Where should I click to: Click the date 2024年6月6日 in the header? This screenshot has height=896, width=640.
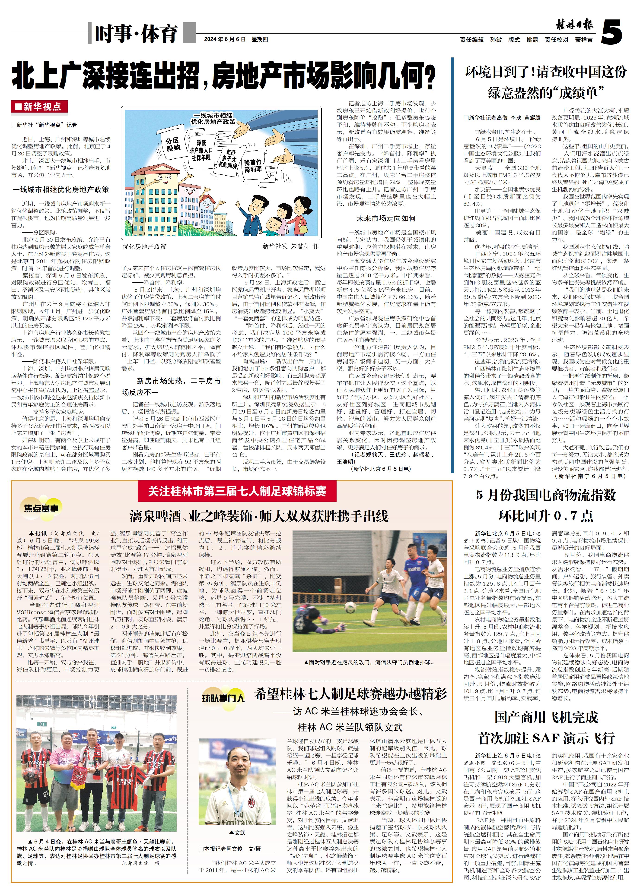pos(225,39)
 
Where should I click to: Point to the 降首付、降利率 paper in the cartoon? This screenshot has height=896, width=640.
pos(253,165)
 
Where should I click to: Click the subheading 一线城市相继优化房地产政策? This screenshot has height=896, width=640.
pos(61,189)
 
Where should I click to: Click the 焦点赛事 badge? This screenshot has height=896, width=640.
pos(41,508)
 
